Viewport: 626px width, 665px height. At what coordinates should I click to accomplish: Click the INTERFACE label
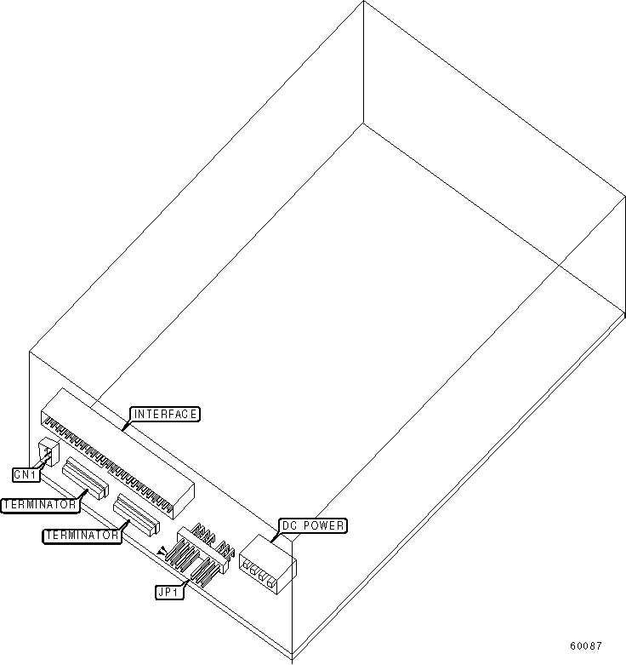click(165, 415)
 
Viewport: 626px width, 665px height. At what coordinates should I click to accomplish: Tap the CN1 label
click(25, 473)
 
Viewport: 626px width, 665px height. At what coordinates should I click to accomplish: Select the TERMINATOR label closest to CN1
click(40, 505)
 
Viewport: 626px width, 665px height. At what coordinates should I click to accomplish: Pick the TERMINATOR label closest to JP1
click(82, 535)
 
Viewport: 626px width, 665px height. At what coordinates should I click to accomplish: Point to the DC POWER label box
click(312, 526)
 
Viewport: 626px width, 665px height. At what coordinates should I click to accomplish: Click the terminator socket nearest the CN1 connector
click(85, 479)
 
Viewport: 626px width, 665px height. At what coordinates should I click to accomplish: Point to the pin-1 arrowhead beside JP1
click(161, 553)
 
